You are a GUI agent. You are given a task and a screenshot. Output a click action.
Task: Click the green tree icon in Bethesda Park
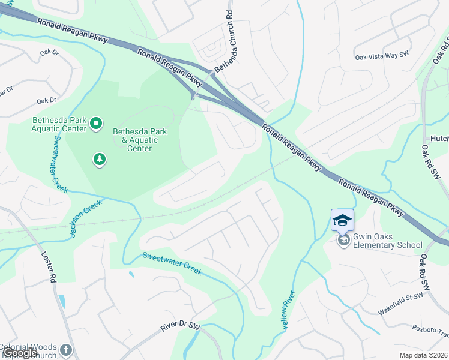point(100,159)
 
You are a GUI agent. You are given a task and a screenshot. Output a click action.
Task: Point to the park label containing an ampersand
point(140,140)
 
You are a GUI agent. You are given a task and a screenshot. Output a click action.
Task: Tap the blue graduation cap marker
point(342,220)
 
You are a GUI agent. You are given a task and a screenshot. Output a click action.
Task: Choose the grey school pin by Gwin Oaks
point(343,241)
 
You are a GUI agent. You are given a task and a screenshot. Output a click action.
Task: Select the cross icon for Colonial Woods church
point(66,350)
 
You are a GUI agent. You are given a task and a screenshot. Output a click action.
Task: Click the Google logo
point(20,353)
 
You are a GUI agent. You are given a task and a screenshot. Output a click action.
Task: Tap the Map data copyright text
point(424,355)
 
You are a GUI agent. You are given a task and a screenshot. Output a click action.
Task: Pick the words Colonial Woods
point(28,347)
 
